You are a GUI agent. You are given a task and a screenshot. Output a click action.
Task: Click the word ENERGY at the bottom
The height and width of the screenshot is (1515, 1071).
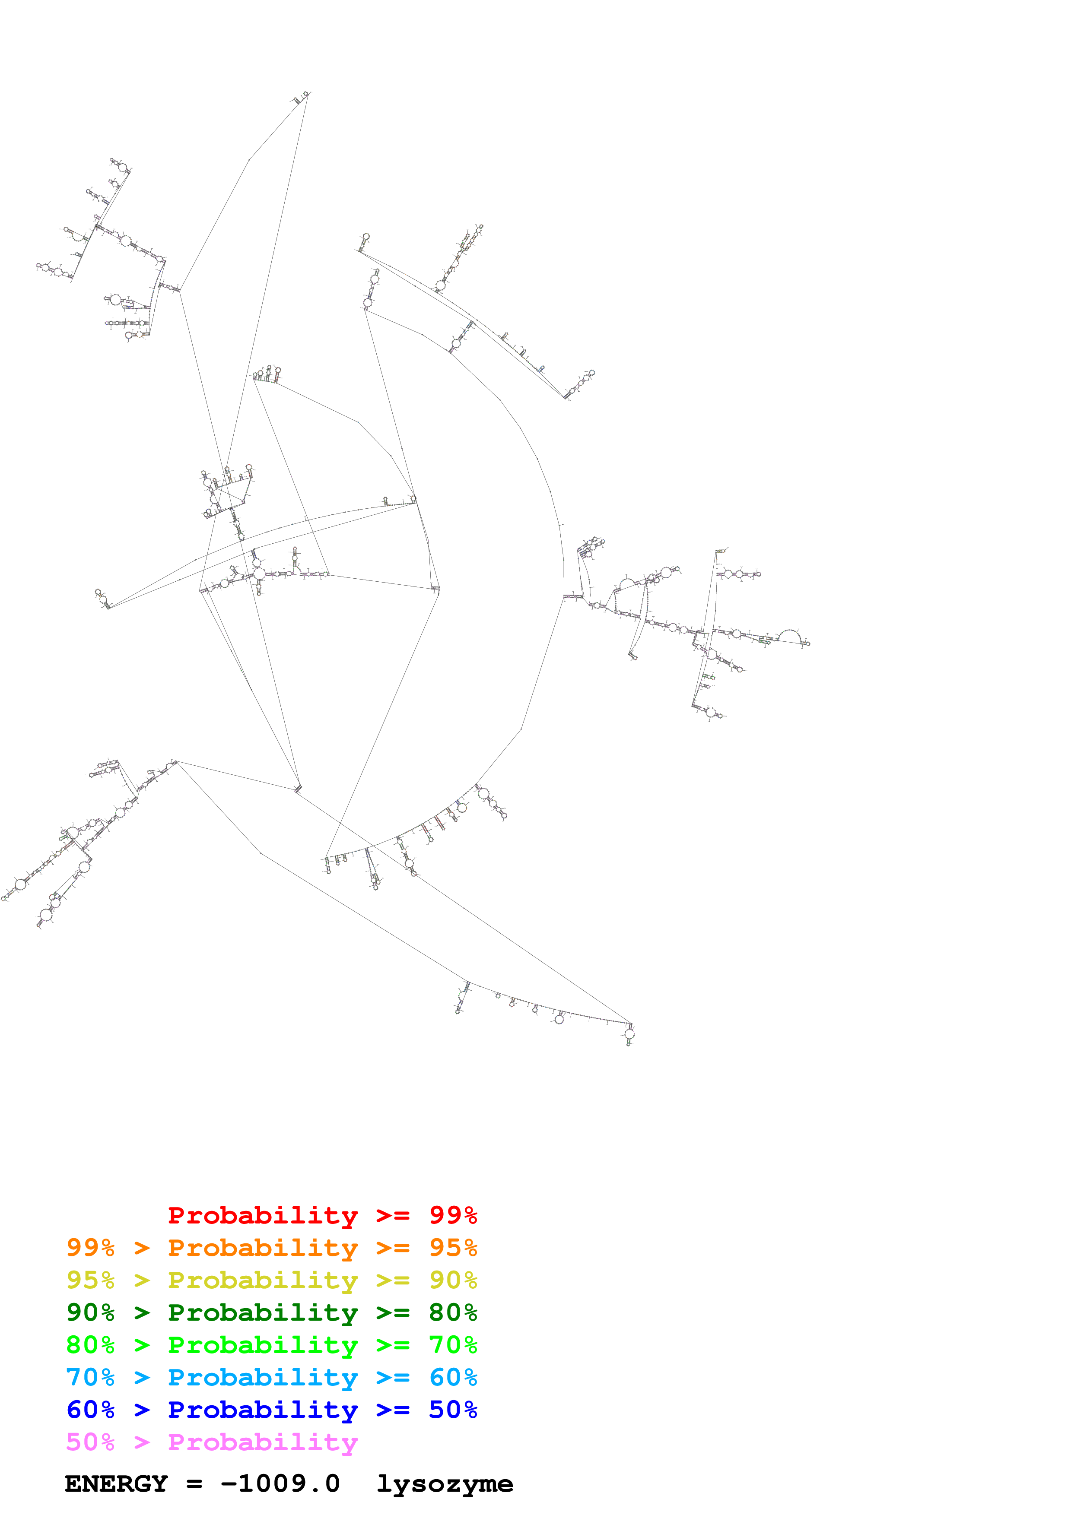[x=116, y=1484]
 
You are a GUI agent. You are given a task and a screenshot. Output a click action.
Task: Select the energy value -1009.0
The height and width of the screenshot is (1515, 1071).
[x=280, y=1484]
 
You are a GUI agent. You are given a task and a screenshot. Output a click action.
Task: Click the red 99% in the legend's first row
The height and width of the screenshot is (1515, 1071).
[x=453, y=1215]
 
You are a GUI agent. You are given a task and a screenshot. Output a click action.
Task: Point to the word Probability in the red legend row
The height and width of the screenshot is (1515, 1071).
[x=263, y=1215]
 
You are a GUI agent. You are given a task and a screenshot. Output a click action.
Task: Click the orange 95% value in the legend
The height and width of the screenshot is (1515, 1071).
[x=453, y=1247]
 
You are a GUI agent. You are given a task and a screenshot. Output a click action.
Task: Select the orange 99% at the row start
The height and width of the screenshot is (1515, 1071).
[x=90, y=1247]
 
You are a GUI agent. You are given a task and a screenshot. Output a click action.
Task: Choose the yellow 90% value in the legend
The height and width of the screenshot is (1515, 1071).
[x=453, y=1280]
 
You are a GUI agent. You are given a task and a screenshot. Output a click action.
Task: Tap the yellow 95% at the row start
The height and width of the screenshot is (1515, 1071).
[x=90, y=1280]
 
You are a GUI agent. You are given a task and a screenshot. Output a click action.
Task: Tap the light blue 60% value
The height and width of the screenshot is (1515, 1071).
[x=453, y=1377]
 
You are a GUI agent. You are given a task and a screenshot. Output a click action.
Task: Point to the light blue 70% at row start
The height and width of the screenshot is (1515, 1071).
[x=90, y=1377]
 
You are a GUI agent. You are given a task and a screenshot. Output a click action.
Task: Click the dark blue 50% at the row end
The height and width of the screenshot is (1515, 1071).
[x=453, y=1410]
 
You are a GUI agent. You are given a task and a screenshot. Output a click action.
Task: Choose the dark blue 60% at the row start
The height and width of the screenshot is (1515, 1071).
[x=90, y=1410]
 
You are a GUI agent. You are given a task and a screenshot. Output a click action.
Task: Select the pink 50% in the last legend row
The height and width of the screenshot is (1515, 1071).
[x=90, y=1442]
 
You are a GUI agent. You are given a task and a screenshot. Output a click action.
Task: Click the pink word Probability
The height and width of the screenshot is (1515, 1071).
[x=263, y=1442]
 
